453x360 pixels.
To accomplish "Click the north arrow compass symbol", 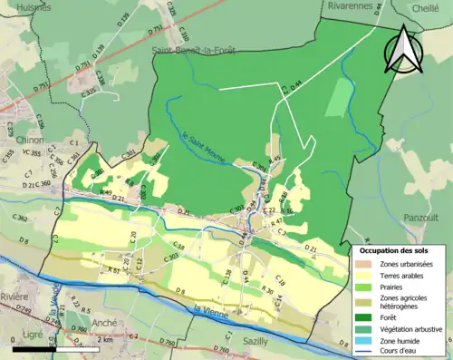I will click(x=404, y=49).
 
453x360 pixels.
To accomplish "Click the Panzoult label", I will click(x=419, y=218).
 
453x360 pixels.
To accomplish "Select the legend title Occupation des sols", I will click(x=394, y=250).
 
